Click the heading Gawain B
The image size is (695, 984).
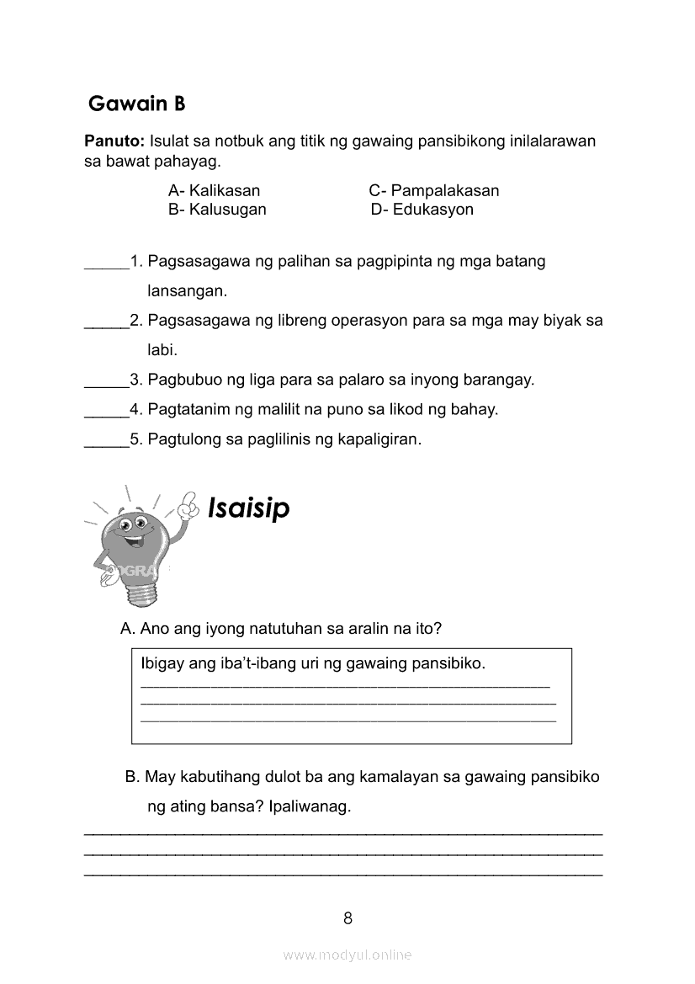pyautogui.click(x=136, y=104)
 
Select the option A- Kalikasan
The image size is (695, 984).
pyautogui.click(x=214, y=190)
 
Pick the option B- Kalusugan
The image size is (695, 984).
pyautogui.click(x=217, y=210)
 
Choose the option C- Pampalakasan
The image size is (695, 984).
pyautogui.click(x=433, y=190)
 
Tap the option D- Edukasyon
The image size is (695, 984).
pyautogui.click(x=422, y=210)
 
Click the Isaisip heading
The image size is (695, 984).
pyautogui.click(x=248, y=508)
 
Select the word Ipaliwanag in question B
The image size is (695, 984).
pyautogui.click(x=309, y=806)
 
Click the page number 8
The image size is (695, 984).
pyautogui.click(x=347, y=918)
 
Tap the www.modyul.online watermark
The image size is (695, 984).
pyautogui.click(x=347, y=955)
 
